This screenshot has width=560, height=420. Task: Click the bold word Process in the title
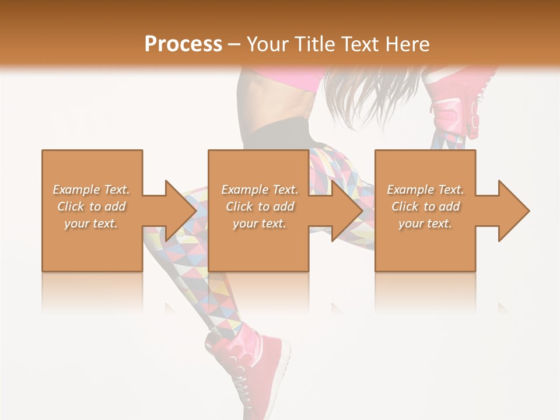coord(183,44)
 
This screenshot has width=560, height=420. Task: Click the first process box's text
coord(92,206)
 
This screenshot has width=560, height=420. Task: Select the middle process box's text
coord(260,206)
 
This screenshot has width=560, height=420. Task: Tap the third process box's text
coord(425,206)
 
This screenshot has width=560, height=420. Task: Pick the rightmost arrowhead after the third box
coord(513,211)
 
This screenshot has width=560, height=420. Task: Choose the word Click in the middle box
coord(239,206)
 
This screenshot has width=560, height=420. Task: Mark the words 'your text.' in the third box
coord(425,223)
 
